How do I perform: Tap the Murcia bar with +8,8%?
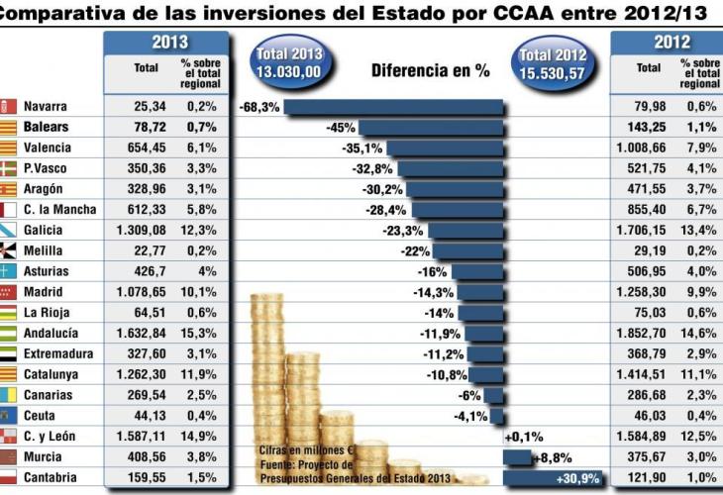(x=517, y=457)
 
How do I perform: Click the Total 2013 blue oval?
(x=288, y=62)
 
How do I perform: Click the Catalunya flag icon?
(x=9, y=375)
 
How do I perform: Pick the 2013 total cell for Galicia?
(x=146, y=230)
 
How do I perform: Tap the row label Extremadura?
(x=58, y=354)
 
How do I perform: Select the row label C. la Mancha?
(x=59, y=210)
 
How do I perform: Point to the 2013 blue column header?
(x=169, y=43)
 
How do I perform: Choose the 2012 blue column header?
(x=671, y=43)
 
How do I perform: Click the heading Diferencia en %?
(x=431, y=70)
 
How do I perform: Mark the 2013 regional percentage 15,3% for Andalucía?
(x=199, y=334)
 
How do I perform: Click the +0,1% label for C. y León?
(x=524, y=437)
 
